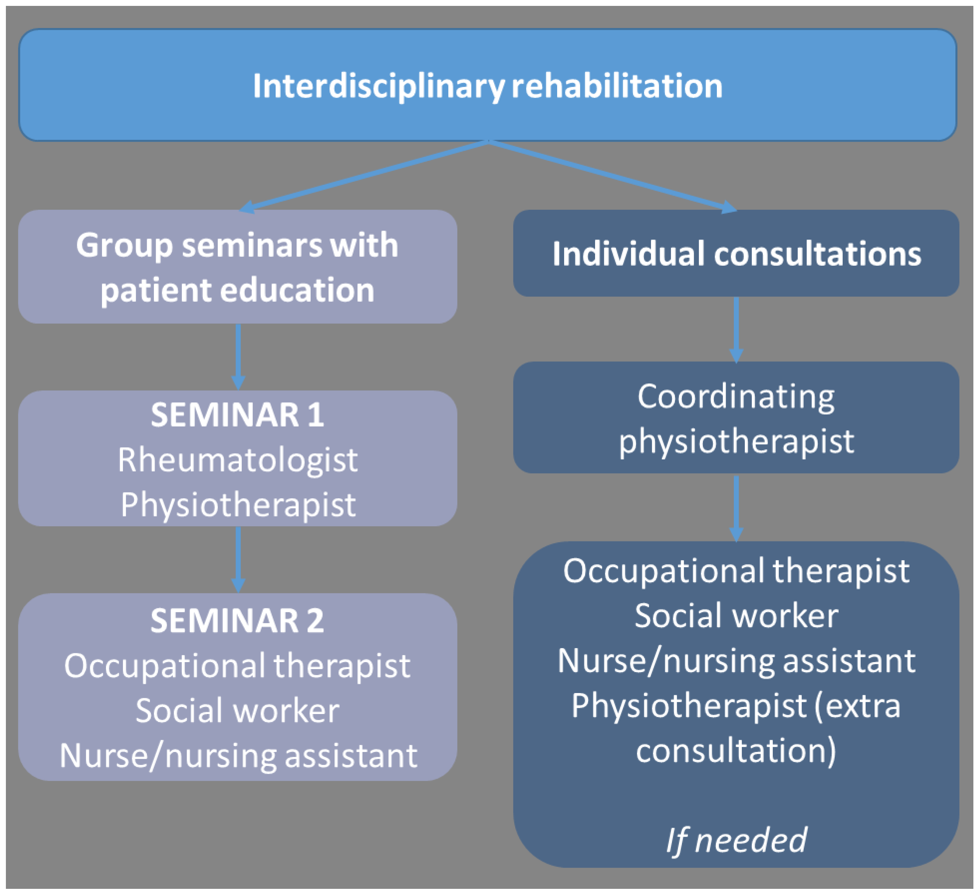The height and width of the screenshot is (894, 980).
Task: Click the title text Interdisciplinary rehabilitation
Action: tap(488, 86)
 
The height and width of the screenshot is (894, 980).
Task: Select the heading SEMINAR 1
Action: tap(237, 415)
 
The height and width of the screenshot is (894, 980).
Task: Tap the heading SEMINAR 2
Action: tap(237, 621)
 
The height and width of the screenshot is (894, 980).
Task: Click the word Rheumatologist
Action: tap(237, 460)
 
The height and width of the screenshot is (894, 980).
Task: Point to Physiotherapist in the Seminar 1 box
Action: tap(237, 505)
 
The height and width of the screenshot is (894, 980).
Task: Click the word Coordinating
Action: tap(736, 397)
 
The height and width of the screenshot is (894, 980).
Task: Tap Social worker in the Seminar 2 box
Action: tap(237, 711)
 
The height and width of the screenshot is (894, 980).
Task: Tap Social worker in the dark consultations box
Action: tap(736, 615)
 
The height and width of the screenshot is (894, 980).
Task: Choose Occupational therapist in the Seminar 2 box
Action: tap(237, 665)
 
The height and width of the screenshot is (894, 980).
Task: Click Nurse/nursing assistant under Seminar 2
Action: tap(237, 756)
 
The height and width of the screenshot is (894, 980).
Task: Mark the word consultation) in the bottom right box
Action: tap(736, 750)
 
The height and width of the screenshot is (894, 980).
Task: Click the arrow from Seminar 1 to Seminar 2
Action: tap(238, 559)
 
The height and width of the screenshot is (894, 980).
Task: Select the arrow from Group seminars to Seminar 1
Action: tap(238, 356)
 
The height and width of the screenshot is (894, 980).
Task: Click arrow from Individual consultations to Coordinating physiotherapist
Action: tap(736, 330)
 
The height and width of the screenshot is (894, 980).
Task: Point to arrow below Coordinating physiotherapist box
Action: tap(736, 508)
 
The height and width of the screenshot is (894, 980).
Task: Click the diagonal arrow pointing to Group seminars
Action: tap(365, 176)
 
